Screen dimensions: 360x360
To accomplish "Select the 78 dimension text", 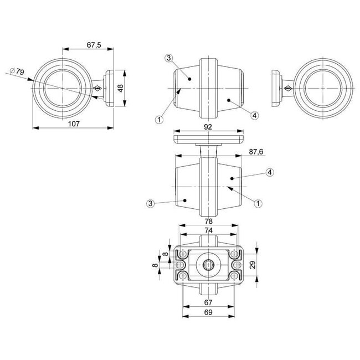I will [208, 221].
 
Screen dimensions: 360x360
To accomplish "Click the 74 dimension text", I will [208, 230].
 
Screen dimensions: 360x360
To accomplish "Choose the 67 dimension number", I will [208, 302].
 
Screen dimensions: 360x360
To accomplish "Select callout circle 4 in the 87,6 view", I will [270, 173].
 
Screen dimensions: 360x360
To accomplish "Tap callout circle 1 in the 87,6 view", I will [258, 203].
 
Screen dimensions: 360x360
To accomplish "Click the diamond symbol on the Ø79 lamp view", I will [97, 88].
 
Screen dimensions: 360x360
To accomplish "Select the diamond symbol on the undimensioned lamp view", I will [288, 88].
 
